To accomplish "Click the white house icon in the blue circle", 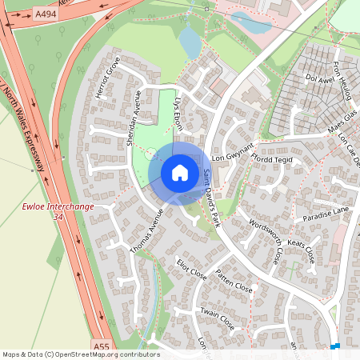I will pyautogui.click(x=180, y=173).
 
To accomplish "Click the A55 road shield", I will pyautogui.click(x=100, y=346).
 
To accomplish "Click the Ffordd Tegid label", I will pyautogui.click(x=274, y=159).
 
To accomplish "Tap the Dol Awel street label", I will pyautogui.click(x=318, y=78).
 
